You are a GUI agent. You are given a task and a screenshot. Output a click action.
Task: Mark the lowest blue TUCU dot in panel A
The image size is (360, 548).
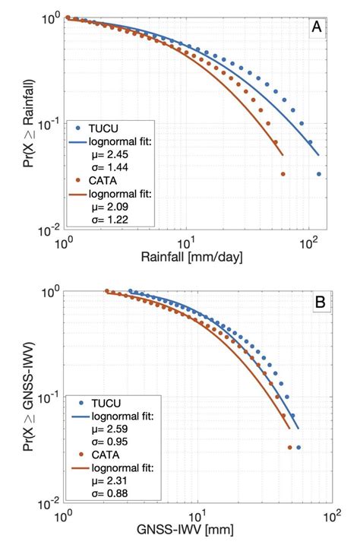(319, 174)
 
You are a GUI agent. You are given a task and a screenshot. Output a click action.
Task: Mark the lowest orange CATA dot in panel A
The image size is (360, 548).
(283, 174)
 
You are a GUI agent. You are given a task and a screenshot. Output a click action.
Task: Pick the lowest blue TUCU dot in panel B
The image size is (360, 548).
(298, 448)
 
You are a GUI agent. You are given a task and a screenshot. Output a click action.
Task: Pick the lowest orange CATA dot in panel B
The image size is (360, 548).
(290, 448)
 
